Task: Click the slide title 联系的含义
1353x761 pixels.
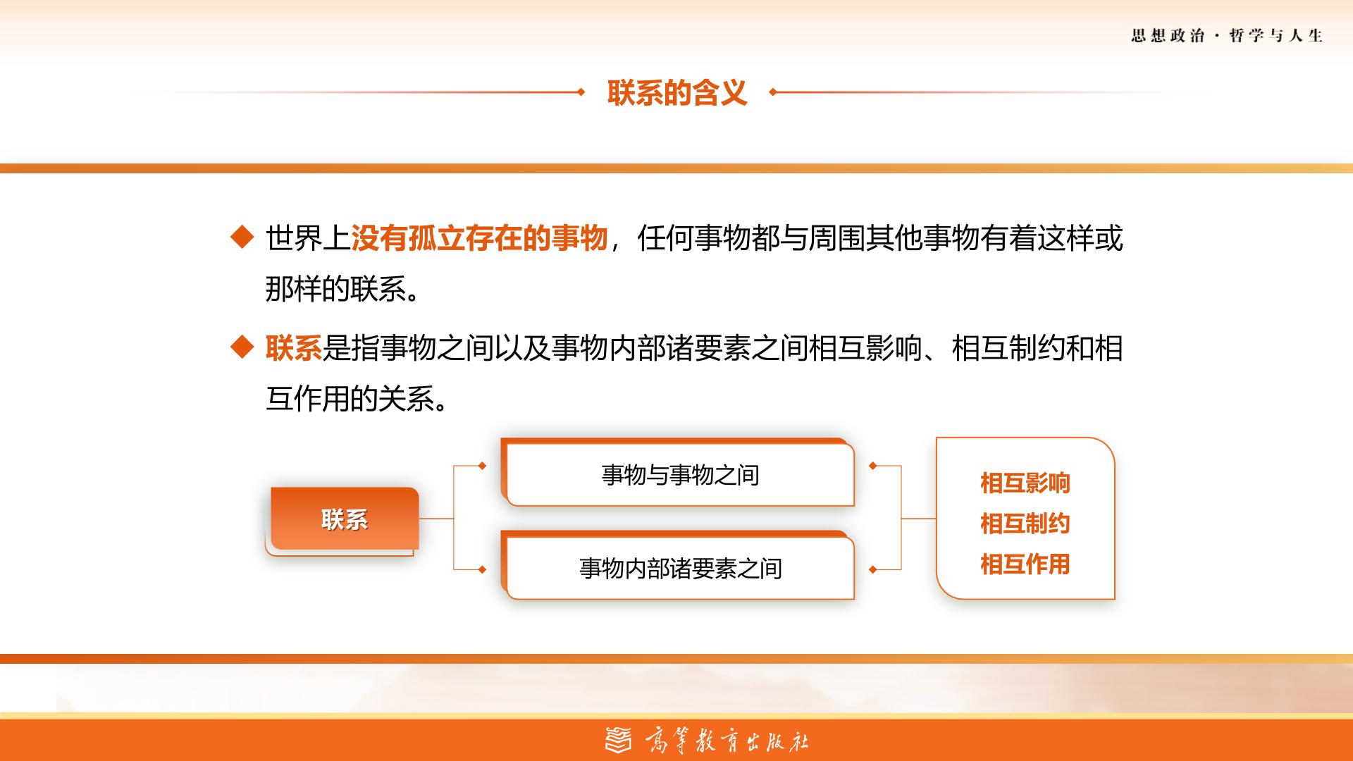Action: tap(676, 92)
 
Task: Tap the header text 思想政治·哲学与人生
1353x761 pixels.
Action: tap(1227, 36)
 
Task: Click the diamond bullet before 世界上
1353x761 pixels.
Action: tap(242, 237)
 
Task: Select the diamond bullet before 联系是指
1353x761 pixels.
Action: tap(242, 347)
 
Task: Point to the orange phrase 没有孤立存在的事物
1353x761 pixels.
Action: tap(479, 238)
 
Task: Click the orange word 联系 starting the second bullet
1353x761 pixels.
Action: tap(294, 348)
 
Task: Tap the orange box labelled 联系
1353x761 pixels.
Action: tap(345, 519)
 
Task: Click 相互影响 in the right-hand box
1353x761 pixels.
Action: tap(1025, 483)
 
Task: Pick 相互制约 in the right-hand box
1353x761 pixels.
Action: tap(1025, 524)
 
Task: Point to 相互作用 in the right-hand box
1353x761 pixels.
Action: tap(1025, 564)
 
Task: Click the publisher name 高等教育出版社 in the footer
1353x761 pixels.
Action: tap(727, 741)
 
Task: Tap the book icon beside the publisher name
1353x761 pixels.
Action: tap(619, 740)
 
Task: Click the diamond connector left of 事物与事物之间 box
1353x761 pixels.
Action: tap(482, 466)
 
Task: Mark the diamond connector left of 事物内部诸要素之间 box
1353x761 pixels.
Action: tap(482, 569)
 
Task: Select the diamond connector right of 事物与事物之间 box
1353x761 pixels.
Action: tap(873, 466)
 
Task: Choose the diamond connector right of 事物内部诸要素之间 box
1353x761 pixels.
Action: tap(873, 569)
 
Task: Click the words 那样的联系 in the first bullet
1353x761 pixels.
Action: tap(336, 289)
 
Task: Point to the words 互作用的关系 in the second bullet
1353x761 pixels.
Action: tap(350, 399)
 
